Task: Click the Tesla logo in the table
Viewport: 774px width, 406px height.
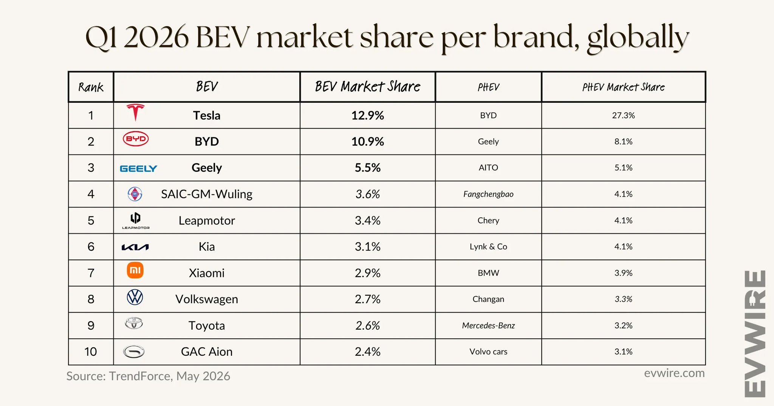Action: [x=135, y=113]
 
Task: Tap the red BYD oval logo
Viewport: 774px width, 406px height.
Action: [x=136, y=139]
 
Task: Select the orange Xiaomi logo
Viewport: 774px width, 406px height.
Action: [x=135, y=270]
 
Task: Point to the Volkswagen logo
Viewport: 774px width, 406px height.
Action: [x=135, y=297]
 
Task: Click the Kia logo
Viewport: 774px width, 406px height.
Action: [x=135, y=247]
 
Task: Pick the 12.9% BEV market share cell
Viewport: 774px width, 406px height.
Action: [x=368, y=115]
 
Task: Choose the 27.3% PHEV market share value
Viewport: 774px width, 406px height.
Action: [x=623, y=115]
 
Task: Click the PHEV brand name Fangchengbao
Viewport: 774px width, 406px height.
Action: [x=488, y=194]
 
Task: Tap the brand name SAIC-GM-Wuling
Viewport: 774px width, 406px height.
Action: [x=207, y=194]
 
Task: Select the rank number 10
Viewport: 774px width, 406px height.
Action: [x=91, y=352]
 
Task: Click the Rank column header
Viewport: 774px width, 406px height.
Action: [x=91, y=87]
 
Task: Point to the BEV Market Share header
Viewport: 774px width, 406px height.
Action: [x=368, y=86]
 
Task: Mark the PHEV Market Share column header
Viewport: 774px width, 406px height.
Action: [x=623, y=87]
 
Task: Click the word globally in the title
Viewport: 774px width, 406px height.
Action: [x=638, y=37]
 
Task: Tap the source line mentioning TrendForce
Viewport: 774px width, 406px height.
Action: [x=148, y=376]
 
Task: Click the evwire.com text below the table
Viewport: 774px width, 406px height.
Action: [x=674, y=373]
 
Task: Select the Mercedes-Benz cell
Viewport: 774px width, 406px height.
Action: [x=488, y=326]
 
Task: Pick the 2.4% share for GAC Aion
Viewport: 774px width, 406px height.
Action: [x=368, y=352]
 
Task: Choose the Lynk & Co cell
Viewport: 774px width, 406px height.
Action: [x=488, y=247]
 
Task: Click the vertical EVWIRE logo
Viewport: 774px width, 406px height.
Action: [x=755, y=333]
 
